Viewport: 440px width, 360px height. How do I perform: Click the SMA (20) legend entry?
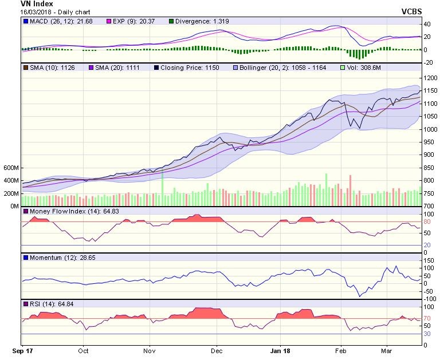113,68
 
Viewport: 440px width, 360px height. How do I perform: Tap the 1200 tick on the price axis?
430,78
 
